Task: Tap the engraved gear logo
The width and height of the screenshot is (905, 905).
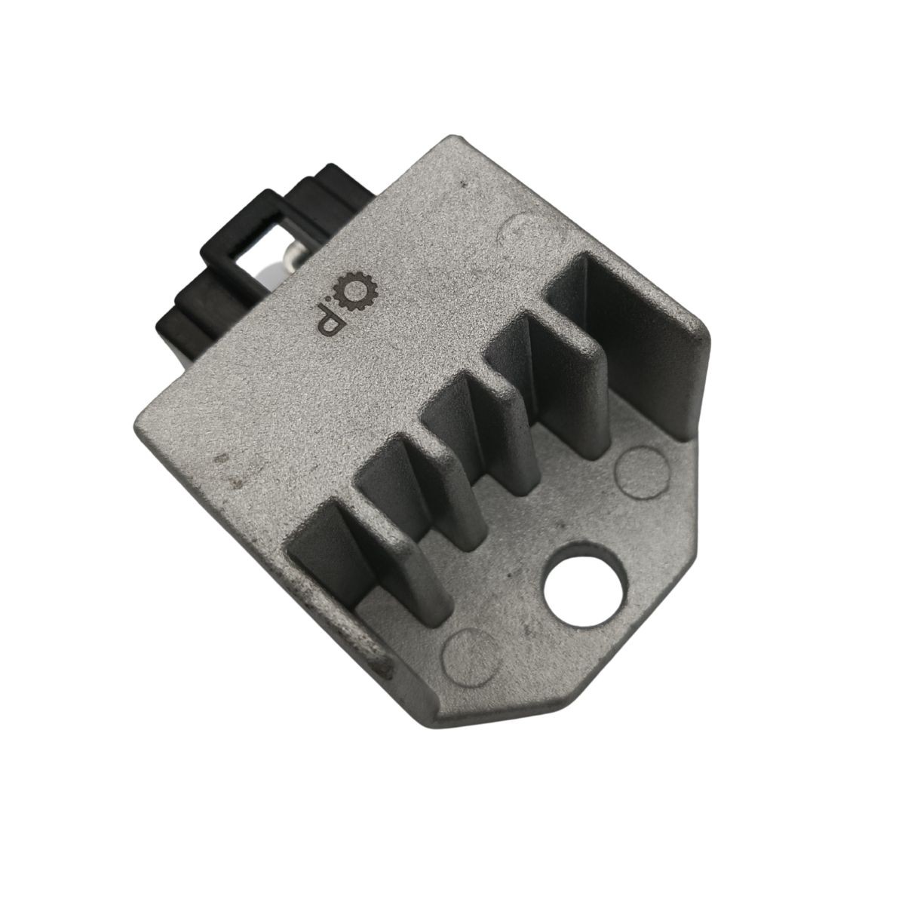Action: pyautogui.click(x=357, y=289)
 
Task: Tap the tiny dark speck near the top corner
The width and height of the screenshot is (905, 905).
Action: pyautogui.click(x=468, y=183)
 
